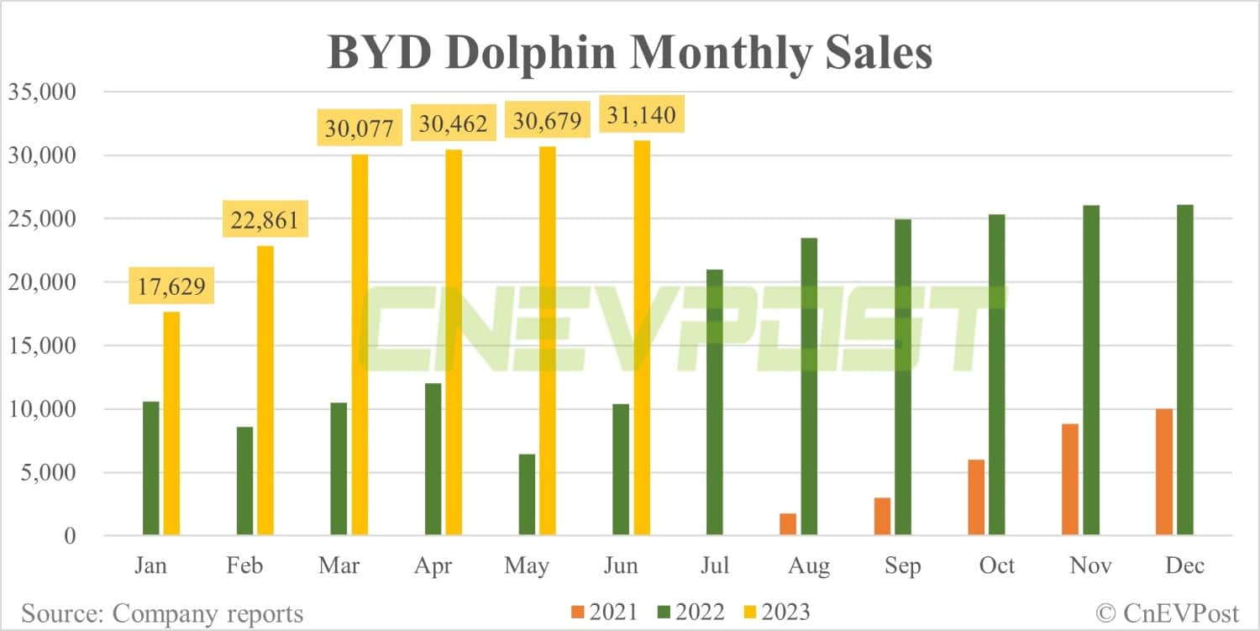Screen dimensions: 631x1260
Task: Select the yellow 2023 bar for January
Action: click(x=171, y=423)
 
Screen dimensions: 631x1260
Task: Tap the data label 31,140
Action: click(x=642, y=114)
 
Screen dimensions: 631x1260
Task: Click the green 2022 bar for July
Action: click(x=714, y=402)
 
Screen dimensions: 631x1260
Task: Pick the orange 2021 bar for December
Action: click(x=1164, y=472)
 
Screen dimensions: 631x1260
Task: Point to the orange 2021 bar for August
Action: click(x=788, y=524)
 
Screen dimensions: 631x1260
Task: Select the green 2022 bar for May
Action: click(x=527, y=495)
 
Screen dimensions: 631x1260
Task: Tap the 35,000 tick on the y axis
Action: click(x=41, y=92)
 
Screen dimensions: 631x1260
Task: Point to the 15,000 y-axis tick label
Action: click(x=41, y=345)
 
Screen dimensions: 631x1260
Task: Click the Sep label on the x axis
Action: click(x=902, y=565)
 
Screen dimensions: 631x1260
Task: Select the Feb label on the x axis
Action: click(x=244, y=565)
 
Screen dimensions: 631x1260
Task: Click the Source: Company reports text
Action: click(x=162, y=613)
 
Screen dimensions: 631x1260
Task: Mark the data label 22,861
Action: click(x=265, y=221)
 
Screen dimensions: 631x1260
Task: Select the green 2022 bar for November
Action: click(x=1090, y=371)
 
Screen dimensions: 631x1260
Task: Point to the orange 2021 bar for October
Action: click(x=976, y=497)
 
